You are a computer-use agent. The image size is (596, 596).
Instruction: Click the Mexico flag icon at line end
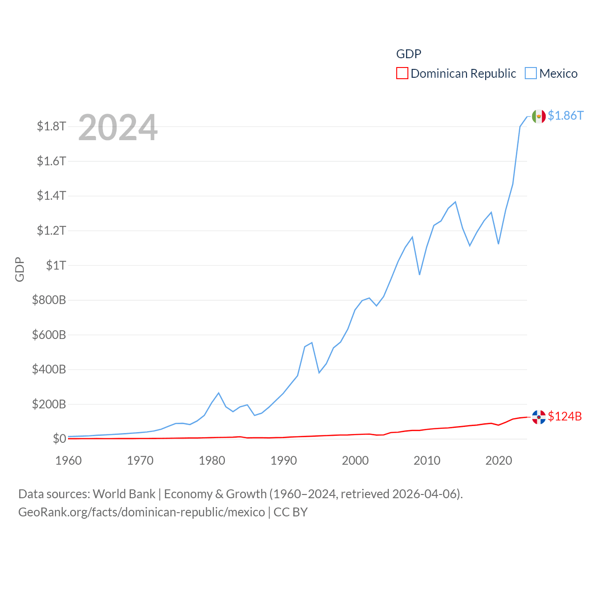(539, 116)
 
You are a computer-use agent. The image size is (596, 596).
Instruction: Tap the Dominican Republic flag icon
(539, 417)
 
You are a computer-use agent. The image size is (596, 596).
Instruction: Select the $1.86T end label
(565, 115)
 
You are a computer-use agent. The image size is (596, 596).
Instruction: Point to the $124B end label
(565, 416)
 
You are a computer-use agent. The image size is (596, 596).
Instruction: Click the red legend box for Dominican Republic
(402, 74)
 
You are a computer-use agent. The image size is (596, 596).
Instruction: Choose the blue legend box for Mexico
(531, 74)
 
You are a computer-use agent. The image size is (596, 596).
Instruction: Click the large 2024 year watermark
(118, 128)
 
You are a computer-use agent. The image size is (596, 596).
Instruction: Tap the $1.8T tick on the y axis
(51, 126)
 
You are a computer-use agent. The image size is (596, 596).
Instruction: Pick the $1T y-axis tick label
(56, 265)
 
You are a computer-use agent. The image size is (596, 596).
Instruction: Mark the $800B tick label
(49, 300)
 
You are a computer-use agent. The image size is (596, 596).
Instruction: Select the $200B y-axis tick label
(49, 404)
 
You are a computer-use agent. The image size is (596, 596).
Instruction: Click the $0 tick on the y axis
(59, 439)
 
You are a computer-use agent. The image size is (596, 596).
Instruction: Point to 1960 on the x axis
(68, 461)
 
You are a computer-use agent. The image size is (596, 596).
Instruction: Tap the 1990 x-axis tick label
(284, 461)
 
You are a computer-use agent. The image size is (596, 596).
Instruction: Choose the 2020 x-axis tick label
(499, 461)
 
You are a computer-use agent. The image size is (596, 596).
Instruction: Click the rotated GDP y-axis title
(20, 269)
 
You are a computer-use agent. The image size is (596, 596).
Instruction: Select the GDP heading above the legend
(408, 54)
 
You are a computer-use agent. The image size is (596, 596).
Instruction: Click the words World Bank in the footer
(124, 494)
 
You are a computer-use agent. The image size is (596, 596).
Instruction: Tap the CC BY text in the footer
(291, 512)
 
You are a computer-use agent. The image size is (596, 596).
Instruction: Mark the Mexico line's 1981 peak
(219, 393)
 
